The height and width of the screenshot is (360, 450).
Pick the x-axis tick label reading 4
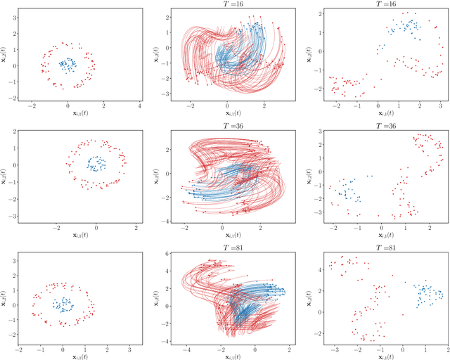point(139,105)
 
